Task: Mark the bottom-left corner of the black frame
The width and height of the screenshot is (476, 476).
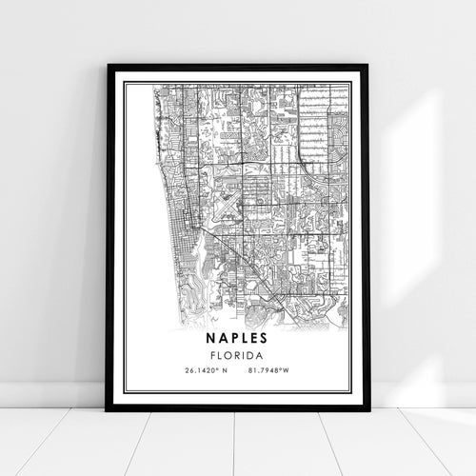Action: (109, 408)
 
